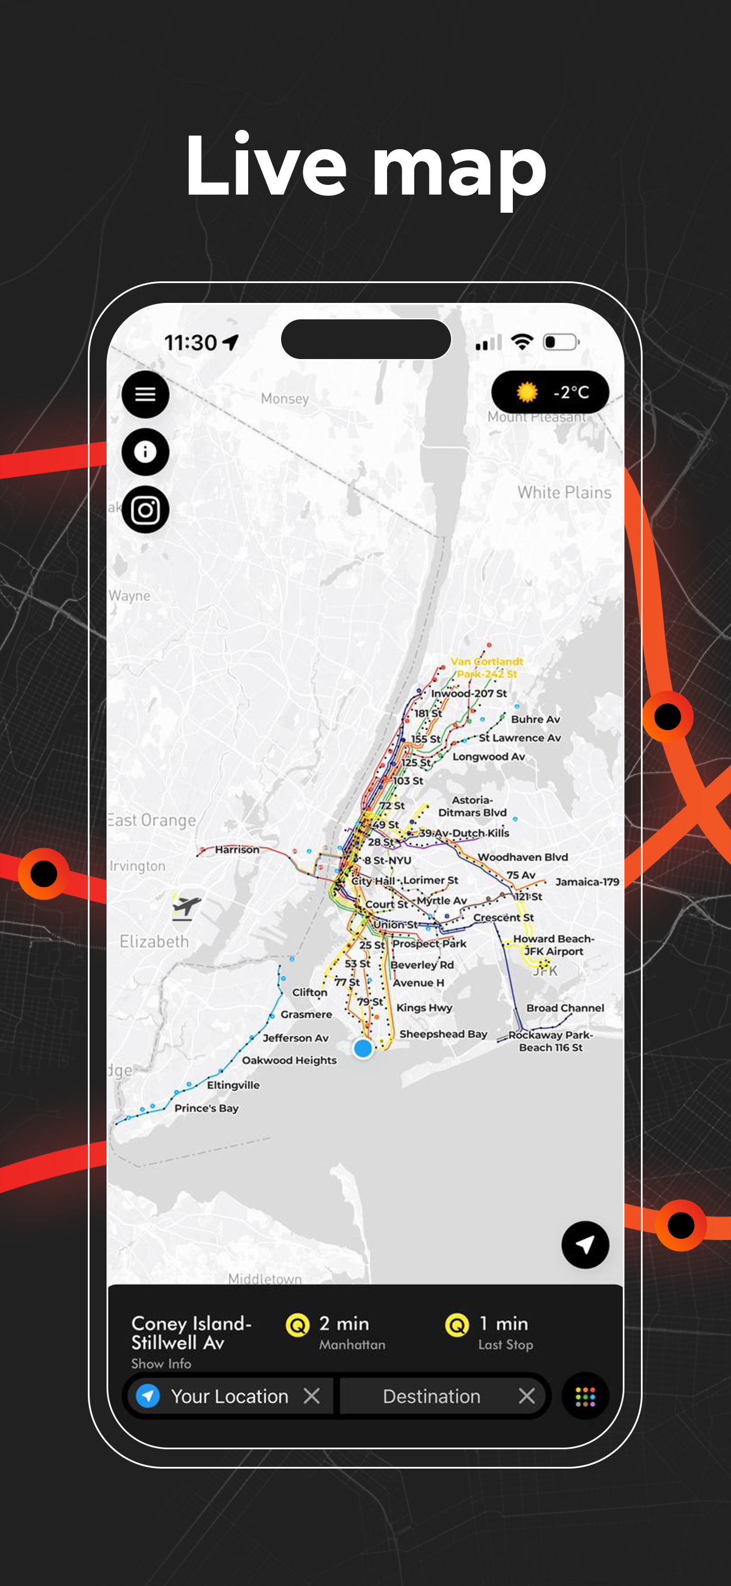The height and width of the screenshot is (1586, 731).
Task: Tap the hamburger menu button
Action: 145,394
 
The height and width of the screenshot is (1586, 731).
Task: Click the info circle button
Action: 145,452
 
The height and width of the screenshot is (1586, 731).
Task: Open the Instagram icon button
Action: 145,510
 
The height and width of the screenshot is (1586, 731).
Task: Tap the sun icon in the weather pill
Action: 526,391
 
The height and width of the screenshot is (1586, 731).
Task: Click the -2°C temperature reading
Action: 571,392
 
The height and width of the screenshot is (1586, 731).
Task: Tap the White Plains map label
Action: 564,492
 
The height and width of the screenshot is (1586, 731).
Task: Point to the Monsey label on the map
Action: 285,398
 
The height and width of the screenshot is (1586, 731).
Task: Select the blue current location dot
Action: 363,1047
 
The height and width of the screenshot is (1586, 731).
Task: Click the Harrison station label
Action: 237,849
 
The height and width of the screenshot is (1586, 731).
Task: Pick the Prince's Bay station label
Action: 206,1108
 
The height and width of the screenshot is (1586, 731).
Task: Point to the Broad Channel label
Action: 565,1007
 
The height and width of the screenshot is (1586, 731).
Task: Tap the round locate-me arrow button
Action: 585,1245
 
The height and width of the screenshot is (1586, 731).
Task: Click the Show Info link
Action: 161,1363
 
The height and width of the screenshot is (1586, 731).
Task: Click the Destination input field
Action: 431,1396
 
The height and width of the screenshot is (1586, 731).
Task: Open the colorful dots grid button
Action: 585,1396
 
